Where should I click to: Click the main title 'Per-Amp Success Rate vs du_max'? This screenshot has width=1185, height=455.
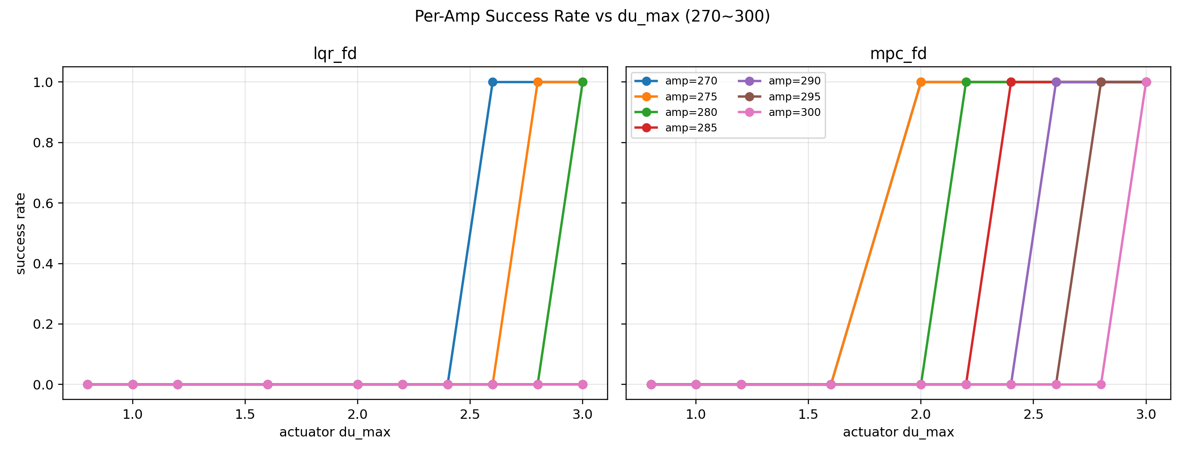point(592,16)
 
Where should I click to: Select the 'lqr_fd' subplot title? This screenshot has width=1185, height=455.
point(335,54)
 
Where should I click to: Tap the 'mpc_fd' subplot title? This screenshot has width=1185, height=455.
point(898,54)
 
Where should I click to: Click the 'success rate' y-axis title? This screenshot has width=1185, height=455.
point(20,233)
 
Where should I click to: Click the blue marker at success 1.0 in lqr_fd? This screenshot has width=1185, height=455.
point(493,82)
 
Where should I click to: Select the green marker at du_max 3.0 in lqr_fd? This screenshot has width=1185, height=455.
point(583,82)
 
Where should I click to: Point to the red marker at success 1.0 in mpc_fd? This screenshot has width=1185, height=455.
point(1011,82)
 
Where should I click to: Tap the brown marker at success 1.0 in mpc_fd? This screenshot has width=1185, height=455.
point(1101,82)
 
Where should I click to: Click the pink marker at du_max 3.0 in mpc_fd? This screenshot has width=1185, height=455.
point(1146,82)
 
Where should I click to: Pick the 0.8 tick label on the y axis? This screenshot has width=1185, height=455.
point(43,143)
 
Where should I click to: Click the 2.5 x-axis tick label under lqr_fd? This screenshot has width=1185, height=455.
point(470,414)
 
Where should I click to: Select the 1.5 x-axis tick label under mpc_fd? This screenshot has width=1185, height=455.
point(808,414)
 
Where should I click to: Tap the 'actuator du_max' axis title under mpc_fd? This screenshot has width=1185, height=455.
point(898,433)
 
